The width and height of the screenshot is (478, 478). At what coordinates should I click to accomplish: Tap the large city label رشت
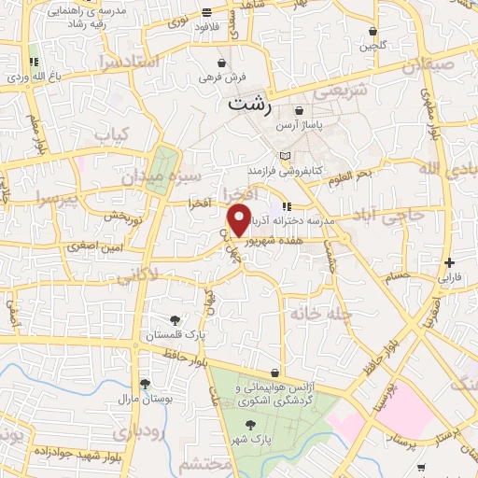[x=250, y=105]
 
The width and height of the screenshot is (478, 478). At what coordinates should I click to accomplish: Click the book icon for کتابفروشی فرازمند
[x=285, y=156]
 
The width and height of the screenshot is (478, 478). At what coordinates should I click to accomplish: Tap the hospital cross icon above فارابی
[x=451, y=262]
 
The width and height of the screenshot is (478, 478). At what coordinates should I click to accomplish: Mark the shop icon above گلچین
[x=373, y=31]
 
